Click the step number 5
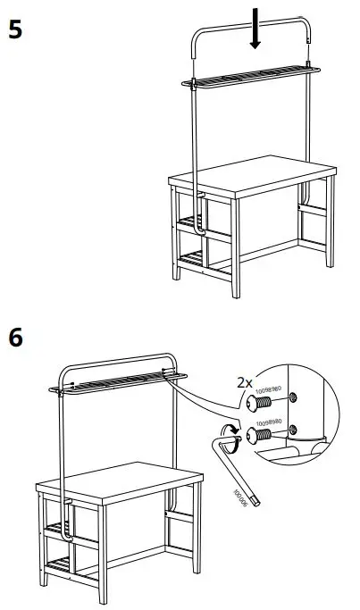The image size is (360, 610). (15, 29)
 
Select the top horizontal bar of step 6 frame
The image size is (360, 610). (116, 356)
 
